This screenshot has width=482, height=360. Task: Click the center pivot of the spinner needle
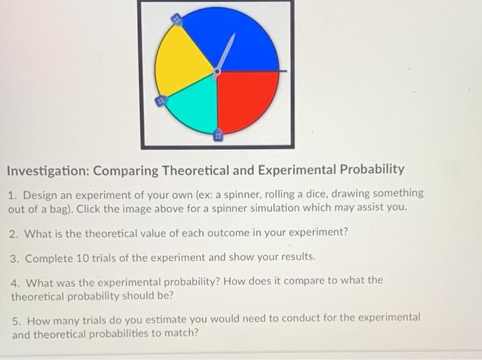(217, 70)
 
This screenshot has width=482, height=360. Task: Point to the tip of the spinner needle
(234, 34)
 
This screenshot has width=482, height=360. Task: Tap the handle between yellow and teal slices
(160, 102)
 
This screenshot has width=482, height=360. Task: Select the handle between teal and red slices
(218, 134)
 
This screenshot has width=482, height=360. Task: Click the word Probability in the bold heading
(370, 170)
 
